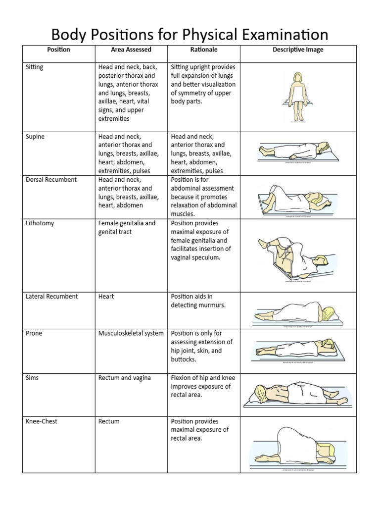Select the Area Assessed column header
pos(131,50)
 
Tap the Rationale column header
pos(204,50)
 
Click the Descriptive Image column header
pos(298,50)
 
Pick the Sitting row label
pos(34,67)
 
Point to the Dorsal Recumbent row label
pos(51,180)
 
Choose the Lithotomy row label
pos(40,223)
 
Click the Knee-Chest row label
pos(42,421)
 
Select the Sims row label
pos(32,378)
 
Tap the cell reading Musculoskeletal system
pos(131,333)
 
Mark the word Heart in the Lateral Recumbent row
pos(106,297)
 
